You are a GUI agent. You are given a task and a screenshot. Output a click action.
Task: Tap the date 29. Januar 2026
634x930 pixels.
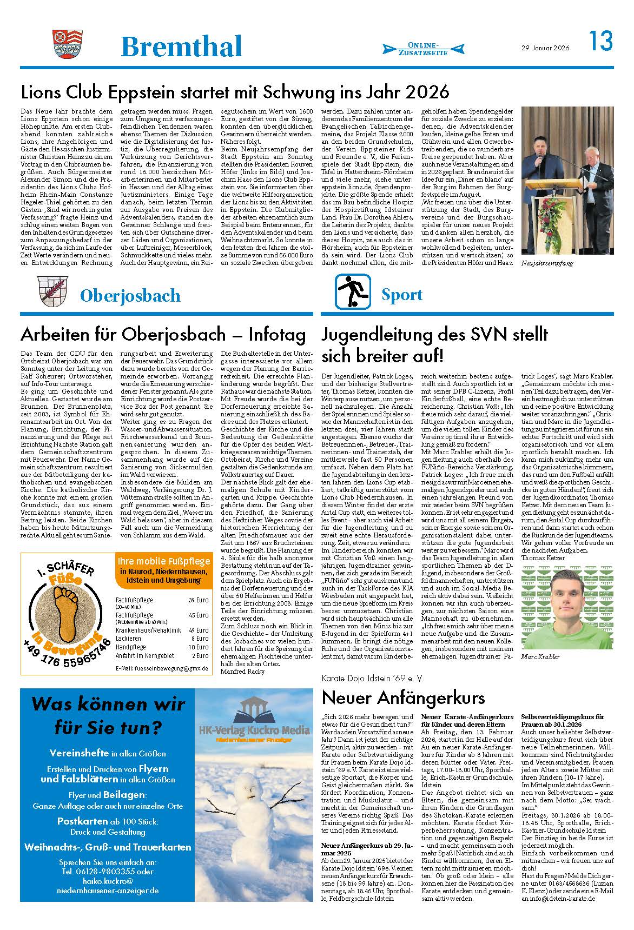(x=544, y=48)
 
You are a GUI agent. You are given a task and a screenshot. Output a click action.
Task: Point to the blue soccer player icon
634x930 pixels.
(x=352, y=291)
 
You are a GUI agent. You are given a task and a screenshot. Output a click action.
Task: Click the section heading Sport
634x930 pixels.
(x=402, y=295)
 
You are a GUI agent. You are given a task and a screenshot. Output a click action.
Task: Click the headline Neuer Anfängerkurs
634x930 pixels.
(x=403, y=697)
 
